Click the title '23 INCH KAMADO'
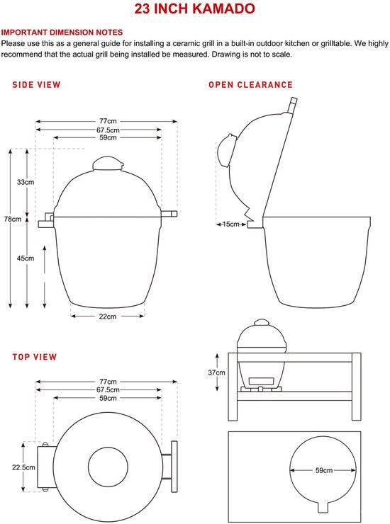(194, 8)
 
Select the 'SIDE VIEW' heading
(36, 85)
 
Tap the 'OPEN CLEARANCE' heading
(250, 85)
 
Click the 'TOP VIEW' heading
(35, 357)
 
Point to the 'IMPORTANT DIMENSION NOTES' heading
(62, 33)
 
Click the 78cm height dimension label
(13, 220)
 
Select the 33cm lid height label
(26, 182)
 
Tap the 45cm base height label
(26, 258)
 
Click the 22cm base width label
(108, 317)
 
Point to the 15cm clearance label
(231, 224)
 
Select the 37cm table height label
(216, 372)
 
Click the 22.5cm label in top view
(23, 467)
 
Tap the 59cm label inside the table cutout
(324, 470)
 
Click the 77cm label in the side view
(108, 121)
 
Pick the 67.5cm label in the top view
(108, 389)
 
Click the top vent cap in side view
(108, 164)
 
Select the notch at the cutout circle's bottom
(323, 506)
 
